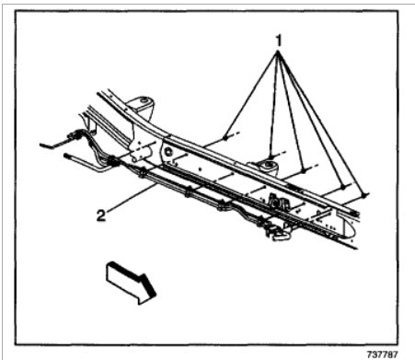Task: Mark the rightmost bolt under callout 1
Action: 365,196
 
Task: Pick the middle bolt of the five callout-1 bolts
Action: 304,168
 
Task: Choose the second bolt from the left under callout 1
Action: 270,153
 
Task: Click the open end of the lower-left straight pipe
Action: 67,157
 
